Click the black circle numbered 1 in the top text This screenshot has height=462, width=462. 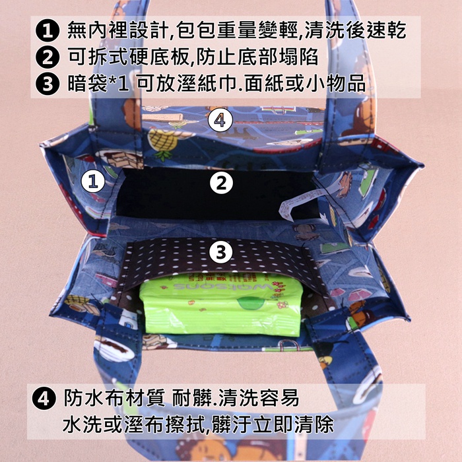(48, 30)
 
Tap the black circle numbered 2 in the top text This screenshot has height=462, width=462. (48, 57)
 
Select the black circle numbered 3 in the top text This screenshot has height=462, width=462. (48, 83)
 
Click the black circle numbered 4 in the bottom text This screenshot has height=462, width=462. (44, 399)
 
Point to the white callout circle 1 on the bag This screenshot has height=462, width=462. (93, 181)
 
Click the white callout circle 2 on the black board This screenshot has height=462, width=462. (221, 183)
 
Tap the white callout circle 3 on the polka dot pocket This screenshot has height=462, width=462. (221, 252)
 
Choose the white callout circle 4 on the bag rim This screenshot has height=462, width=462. (220, 120)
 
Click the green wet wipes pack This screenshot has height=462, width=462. (221, 305)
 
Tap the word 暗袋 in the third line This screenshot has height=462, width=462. (87, 84)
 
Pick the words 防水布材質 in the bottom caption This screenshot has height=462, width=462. (114, 398)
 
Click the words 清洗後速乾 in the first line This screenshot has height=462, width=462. (355, 30)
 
